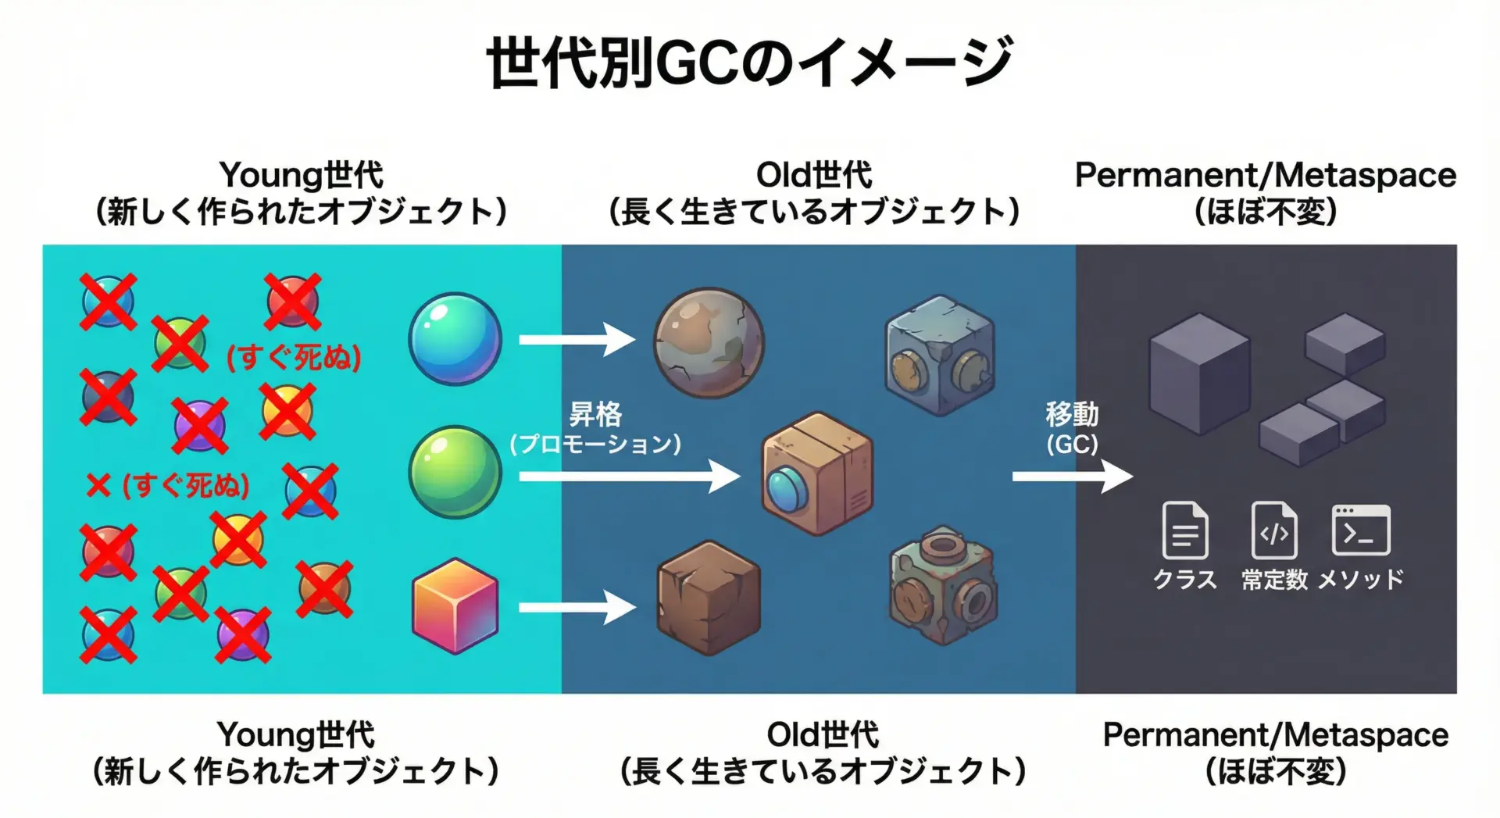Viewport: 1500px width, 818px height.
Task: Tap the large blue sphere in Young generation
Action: (x=455, y=338)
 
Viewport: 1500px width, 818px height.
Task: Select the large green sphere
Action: (x=455, y=471)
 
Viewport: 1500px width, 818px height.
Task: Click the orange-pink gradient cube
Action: (x=455, y=606)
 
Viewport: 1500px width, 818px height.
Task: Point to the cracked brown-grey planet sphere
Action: (x=709, y=342)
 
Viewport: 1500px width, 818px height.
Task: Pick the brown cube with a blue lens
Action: (x=816, y=473)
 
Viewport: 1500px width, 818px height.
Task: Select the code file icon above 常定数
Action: (x=1273, y=530)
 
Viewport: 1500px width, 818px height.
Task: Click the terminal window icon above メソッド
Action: (x=1360, y=530)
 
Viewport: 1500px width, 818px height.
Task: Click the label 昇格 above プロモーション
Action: (x=595, y=414)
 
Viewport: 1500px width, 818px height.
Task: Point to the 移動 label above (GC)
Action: (x=1072, y=414)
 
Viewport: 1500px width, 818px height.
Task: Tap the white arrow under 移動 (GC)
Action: (x=1072, y=476)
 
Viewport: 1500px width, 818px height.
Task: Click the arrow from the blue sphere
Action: (x=577, y=339)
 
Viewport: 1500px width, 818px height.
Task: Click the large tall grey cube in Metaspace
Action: (x=1198, y=373)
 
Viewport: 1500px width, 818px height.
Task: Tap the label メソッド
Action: (x=1360, y=580)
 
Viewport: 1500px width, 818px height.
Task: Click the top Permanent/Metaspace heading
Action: (x=1265, y=176)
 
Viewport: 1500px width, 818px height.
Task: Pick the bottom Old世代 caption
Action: (x=822, y=735)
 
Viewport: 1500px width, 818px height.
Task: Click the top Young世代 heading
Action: (x=301, y=176)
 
